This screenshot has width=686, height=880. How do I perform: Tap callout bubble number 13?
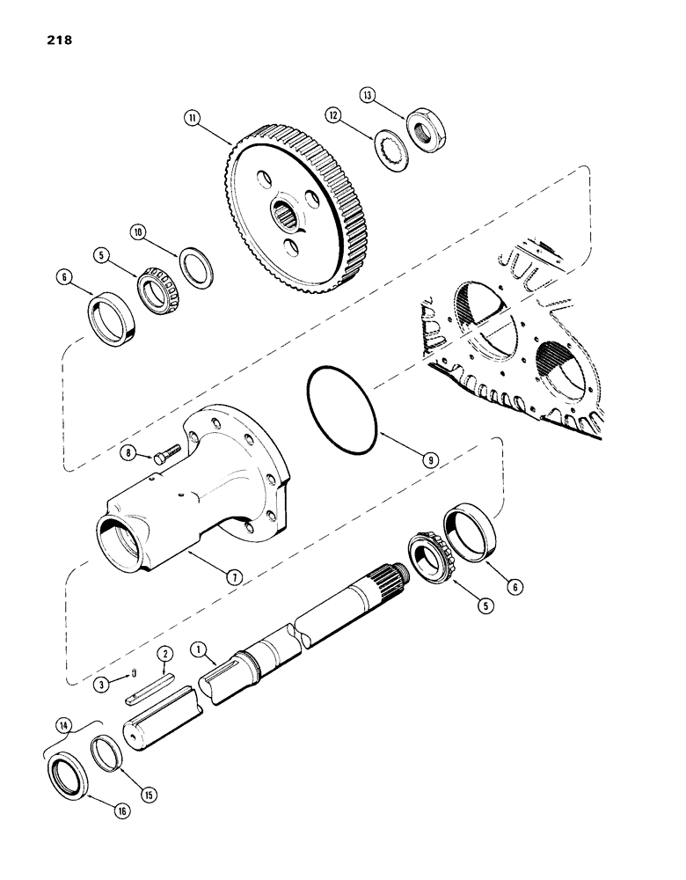[x=368, y=94]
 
